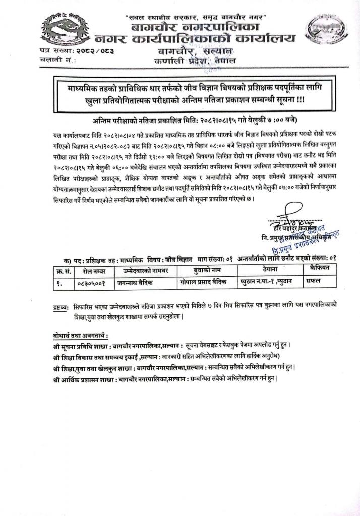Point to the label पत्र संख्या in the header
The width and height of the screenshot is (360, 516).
(x=54, y=52)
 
